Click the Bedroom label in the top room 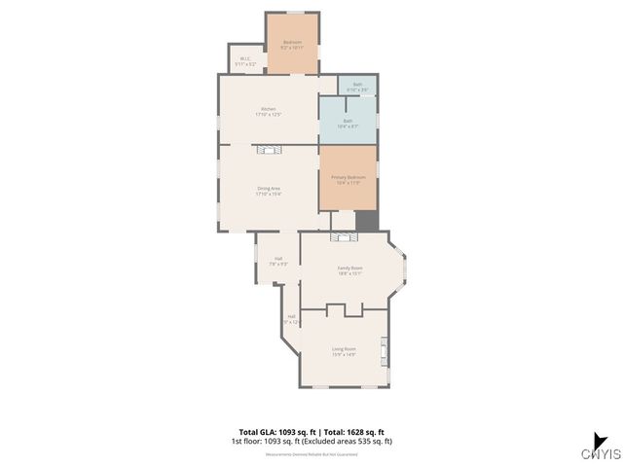(x=292, y=42)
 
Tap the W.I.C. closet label (x=245, y=59)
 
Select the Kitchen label (x=268, y=108)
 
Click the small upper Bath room (x=357, y=86)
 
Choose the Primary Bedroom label (x=348, y=177)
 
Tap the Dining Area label (x=269, y=188)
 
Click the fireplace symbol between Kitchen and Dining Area (x=268, y=149)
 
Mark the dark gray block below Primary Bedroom (x=366, y=221)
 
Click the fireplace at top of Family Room (x=343, y=236)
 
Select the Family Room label (x=349, y=268)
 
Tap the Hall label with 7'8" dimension (x=277, y=259)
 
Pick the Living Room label (x=344, y=348)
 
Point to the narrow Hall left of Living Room (x=291, y=318)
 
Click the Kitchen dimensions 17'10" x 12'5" (x=268, y=114)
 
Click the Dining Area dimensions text (x=269, y=194)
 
